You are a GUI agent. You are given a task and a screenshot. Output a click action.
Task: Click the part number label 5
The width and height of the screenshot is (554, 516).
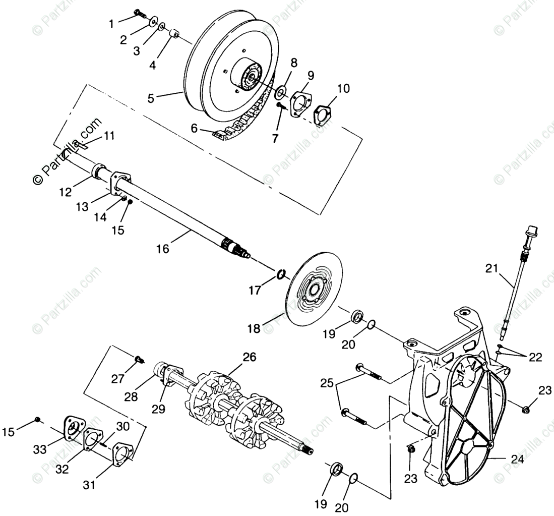[x=150, y=98]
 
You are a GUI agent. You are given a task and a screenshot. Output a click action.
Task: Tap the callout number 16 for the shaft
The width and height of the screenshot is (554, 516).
[x=163, y=249]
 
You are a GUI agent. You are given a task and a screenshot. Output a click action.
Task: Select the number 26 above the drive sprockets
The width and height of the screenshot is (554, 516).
[x=249, y=358]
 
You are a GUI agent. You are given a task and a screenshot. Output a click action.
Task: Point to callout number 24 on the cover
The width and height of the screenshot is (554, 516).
[x=517, y=460]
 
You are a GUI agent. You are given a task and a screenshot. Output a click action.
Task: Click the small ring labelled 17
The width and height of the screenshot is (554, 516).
[x=281, y=274]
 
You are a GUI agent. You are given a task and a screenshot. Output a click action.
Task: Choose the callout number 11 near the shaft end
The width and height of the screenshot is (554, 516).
[x=109, y=135]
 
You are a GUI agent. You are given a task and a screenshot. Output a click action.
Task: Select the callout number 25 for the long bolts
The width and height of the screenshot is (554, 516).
[x=326, y=383]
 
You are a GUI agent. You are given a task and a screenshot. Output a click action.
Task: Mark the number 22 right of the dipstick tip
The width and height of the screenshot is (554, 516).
[x=535, y=357]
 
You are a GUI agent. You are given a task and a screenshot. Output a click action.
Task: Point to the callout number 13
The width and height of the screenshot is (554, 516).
[x=82, y=206]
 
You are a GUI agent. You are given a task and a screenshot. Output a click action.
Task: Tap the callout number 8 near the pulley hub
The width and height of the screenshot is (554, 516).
[x=293, y=63]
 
